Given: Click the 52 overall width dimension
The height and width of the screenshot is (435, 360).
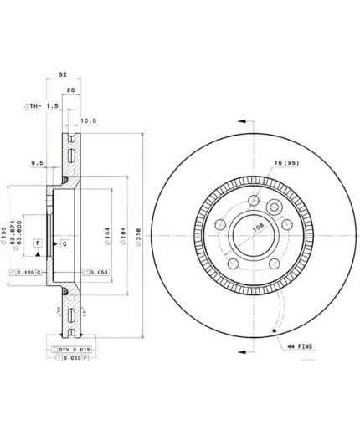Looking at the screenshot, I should (63, 75).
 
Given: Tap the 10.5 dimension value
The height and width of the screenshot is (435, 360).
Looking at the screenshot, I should (86, 120).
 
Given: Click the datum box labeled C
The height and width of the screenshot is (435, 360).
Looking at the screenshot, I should (64, 243).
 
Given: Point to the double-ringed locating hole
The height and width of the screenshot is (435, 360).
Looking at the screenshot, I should (273, 208).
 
